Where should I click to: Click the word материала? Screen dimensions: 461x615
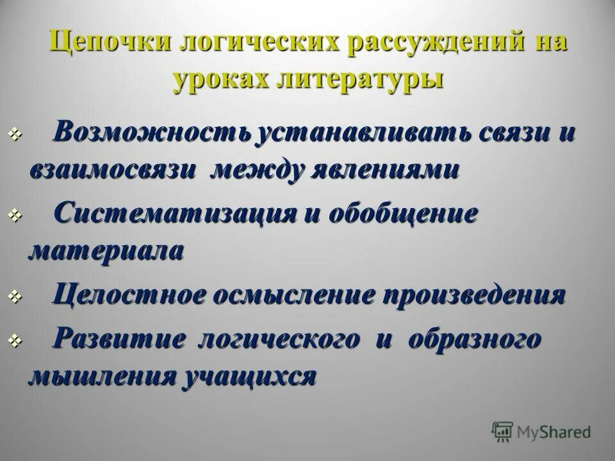click(x=106, y=250)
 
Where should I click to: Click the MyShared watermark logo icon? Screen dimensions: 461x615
click(x=502, y=431)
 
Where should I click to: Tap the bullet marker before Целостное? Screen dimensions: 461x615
click(x=16, y=298)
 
